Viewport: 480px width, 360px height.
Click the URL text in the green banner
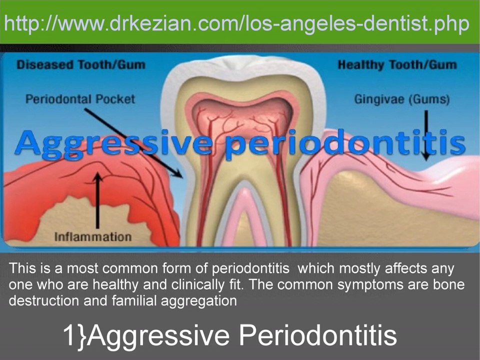[x=237, y=23]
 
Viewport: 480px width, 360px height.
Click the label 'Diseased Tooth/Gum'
[x=80, y=64]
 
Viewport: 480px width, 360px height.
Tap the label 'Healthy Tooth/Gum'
[x=396, y=65]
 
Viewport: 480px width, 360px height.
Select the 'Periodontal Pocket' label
[x=80, y=98]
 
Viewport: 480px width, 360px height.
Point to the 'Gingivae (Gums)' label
[x=401, y=99]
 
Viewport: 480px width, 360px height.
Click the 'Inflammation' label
[x=93, y=236]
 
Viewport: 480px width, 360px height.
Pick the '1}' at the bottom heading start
[x=74, y=335]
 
